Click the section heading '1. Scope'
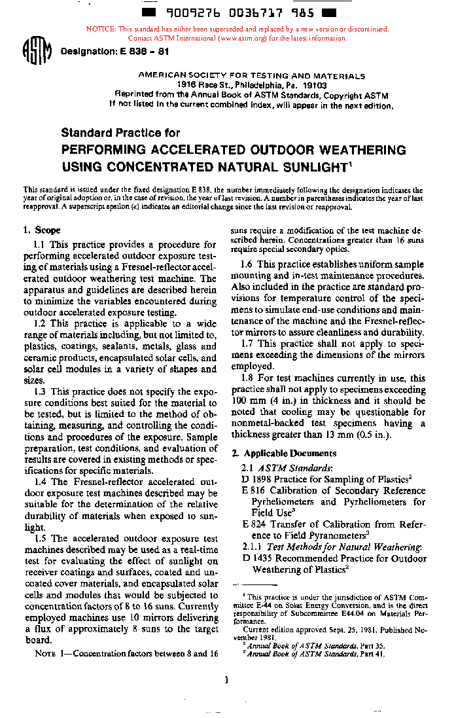pos(42,230)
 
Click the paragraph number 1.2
pos(41,323)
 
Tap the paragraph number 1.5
pos(41,538)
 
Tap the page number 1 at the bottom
pos(226,680)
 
